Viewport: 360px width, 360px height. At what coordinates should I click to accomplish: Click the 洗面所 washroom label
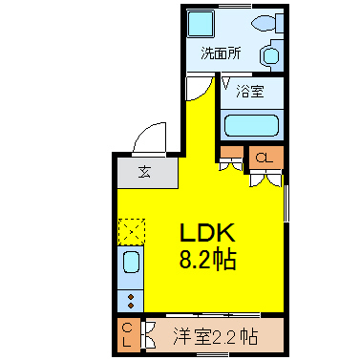pyautogui.click(x=221, y=53)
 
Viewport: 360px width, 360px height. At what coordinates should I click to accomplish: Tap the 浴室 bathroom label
pyautogui.click(x=250, y=92)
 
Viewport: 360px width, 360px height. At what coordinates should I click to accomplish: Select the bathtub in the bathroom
pyautogui.click(x=252, y=125)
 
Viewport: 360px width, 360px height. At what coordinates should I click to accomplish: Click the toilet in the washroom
pyautogui.click(x=267, y=23)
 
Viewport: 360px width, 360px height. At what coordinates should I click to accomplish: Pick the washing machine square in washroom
pyautogui.click(x=201, y=23)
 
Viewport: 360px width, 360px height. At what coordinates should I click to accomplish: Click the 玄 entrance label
pyautogui.click(x=144, y=172)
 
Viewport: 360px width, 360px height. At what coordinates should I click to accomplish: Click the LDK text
pyautogui.click(x=208, y=232)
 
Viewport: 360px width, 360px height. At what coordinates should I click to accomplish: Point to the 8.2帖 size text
pyautogui.click(x=207, y=260)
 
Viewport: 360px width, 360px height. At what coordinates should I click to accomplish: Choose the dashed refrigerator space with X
pyautogui.click(x=132, y=232)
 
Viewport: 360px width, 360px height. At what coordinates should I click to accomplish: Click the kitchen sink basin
pyautogui.click(x=131, y=262)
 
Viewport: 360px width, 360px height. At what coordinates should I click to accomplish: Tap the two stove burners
pyautogui.click(x=131, y=301)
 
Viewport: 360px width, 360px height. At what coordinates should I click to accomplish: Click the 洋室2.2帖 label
pyautogui.click(x=216, y=336)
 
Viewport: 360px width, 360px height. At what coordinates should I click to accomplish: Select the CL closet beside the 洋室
pyautogui.click(x=128, y=335)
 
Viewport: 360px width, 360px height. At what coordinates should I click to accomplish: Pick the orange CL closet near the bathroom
pyautogui.click(x=266, y=158)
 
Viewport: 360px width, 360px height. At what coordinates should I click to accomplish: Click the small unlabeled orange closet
pyautogui.click(x=231, y=152)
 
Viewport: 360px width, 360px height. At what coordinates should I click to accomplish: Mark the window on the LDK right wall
pyautogui.click(x=286, y=203)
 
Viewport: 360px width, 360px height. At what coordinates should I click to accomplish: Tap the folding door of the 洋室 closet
pyautogui.click(x=149, y=335)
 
